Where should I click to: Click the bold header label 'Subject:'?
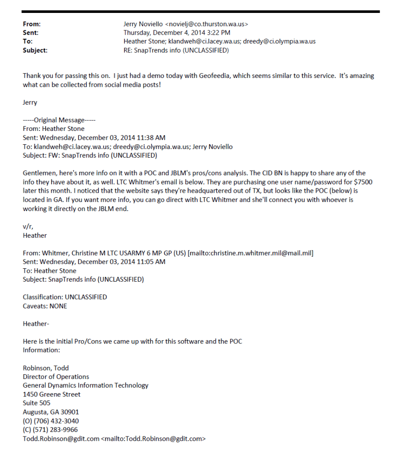[x=35, y=50]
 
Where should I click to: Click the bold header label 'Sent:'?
[x=30, y=33]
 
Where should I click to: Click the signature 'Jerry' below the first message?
[x=30, y=103]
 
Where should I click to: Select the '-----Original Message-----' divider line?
[x=59, y=120]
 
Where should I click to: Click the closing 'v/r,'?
[x=28, y=226]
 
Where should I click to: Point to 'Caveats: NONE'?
[x=45, y=306]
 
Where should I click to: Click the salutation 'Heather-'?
[x=36, y=324]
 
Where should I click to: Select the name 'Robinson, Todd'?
[x=45, y=368]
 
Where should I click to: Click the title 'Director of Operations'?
[x=56, y=377]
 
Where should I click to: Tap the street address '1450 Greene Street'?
[x=52, y=395]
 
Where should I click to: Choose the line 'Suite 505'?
[x=36, y=403]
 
